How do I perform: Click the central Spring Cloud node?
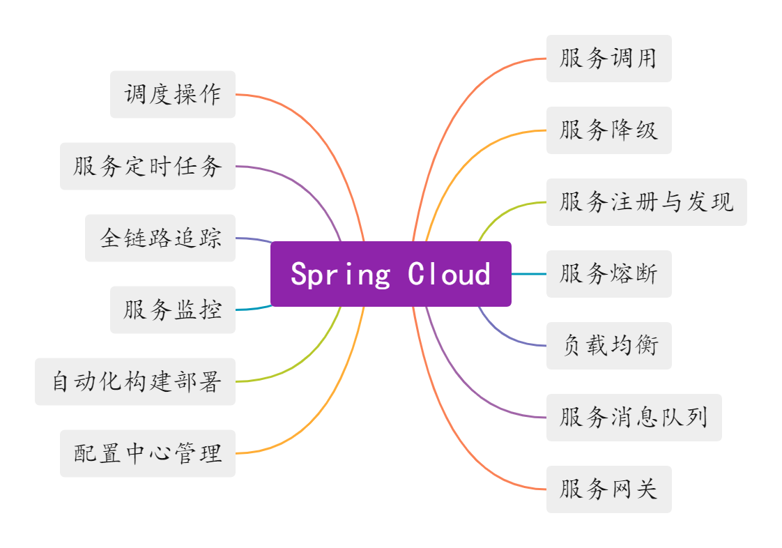click(390, 274)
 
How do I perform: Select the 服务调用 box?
click(608, 59)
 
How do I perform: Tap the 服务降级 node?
click(608, 130)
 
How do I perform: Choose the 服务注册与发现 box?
click(646, 202)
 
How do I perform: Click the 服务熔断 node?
click(608, 274)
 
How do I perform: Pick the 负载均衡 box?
click(608, 346)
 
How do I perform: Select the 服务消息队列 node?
click(634, 418)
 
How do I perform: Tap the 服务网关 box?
click(608, 489)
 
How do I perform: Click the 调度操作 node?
click(173, 94)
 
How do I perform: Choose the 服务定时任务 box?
click(148, 166)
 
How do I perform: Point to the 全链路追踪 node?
click(160, 238)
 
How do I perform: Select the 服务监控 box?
click(173, 310)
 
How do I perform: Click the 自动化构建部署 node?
click(135, 381)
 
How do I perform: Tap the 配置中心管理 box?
click(148, 453)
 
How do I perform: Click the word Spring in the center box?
click(340, 274)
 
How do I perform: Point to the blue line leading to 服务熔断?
click(529, 274)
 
